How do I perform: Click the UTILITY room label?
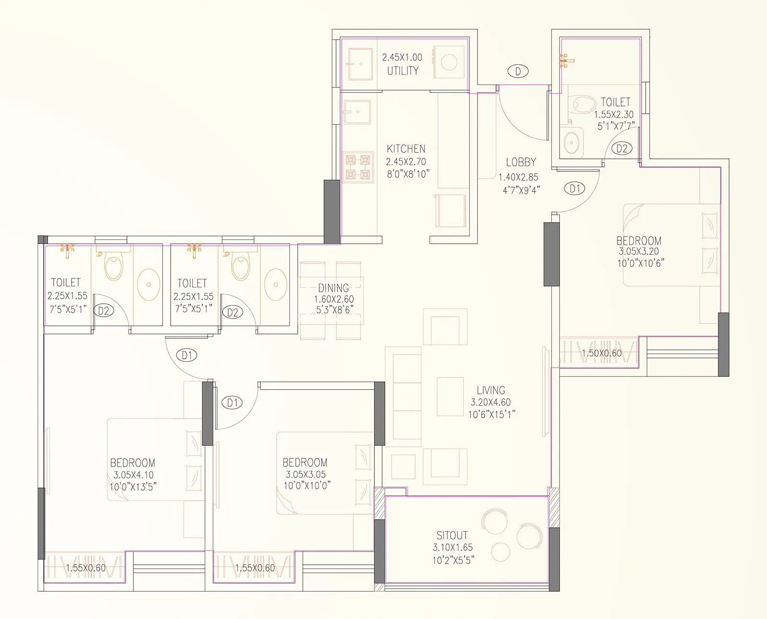(x=403, y=71)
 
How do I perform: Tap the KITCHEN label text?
(x=406, y=149)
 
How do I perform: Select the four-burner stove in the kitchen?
(x=359, y=166)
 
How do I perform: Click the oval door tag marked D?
(x=518, y=71)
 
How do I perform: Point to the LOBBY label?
(x=521, y=162)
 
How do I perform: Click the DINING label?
(x=334, y=288)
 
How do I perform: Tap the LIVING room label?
(x=491, y=391)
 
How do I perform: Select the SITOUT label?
(x=452, y=535)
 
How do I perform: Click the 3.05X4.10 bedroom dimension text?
(x=133, y=475)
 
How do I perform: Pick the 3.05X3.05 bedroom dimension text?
(x=305, y=474)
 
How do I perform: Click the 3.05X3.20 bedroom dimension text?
(x=639, y=251)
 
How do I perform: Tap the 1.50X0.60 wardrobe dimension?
(x=601, y=354)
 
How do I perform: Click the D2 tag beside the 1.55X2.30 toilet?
(x=622, y=149)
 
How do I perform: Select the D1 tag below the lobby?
(x=575, y=189)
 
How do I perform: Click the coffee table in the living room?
(x=450, y=397)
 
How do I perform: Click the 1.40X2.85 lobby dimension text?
(x=519, y=177)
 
